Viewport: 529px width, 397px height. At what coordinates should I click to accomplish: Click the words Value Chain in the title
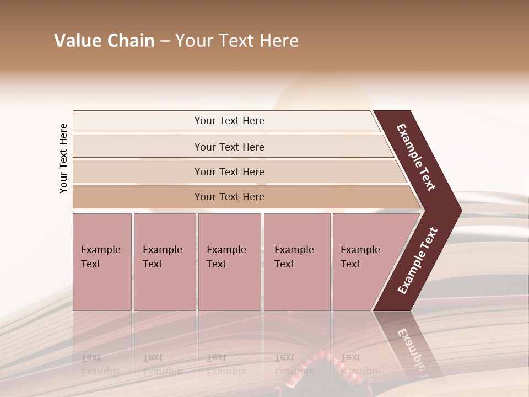(104, 41)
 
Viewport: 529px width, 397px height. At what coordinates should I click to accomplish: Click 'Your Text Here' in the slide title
(237, 41)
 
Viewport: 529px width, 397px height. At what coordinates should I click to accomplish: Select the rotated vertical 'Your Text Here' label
(63, 158)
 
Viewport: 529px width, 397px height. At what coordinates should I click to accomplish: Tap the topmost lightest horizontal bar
(229, 121)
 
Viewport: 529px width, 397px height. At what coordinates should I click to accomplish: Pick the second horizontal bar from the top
(229, 147)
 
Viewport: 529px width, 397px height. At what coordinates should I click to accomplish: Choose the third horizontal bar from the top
(229, 171)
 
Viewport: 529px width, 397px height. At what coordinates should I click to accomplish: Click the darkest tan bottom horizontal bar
(229, 197)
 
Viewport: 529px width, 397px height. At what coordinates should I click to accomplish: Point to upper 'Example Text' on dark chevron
(416, 157)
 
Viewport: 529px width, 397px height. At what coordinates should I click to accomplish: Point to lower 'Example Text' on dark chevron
(417, 261)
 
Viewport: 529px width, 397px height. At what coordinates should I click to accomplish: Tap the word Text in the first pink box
(91, 264)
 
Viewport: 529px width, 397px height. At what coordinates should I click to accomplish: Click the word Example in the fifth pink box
(360, 250)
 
